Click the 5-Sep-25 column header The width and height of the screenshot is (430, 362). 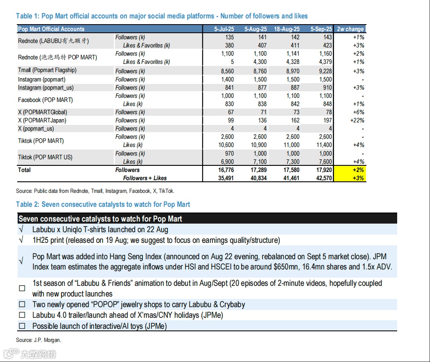pyautogui.click(x=321, y=29)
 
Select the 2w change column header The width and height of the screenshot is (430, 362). pyautogui.click(x=350, y=29)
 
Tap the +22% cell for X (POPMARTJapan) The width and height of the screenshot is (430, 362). pyautogui.click(x=356, y=120)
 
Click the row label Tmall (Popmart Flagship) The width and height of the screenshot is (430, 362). pyautogui.click(x=47, y=70)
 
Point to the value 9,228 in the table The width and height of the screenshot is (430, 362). pyautogui.click(x=324, y=71)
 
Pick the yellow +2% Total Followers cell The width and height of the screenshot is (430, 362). pyautogui.click(x=350, y=170)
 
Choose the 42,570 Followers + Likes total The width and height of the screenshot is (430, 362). pyautogui.click(x=323, y=178)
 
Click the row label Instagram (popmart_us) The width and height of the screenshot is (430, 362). pyautogui.click(x=46, y=88)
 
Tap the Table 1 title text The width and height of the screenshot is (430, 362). pyautogui.click(x=162, y=16)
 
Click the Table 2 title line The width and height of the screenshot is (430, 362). pyautogui.click(x=103, y=204)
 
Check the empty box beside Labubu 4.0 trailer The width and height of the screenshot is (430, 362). pyautogui.click(x=22, y=315)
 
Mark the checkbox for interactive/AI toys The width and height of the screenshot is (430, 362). pyautogui.click(x=22, y=326)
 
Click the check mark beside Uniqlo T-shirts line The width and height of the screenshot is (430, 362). pyautogui.click(x=21, y=230)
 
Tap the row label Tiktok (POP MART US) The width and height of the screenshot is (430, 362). pyautogui.click(x=45, y=157)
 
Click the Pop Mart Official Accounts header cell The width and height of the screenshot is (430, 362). pyautogui.click(x=51, y=29)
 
